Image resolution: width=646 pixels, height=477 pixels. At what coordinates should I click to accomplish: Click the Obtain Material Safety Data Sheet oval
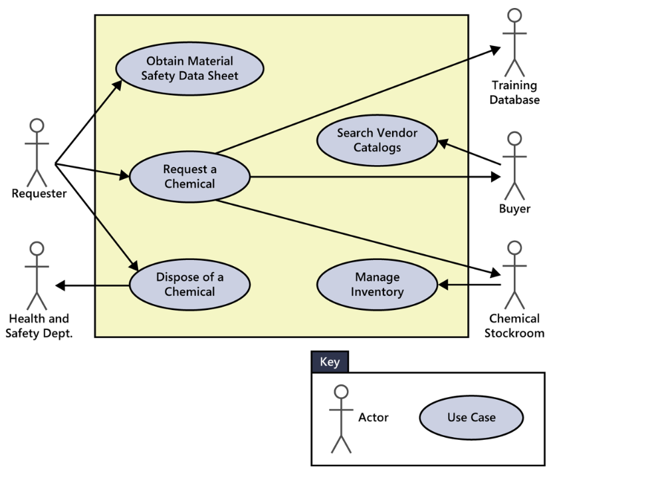tap(189, 69)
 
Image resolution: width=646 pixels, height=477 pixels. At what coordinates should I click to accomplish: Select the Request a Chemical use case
tap(189, 177)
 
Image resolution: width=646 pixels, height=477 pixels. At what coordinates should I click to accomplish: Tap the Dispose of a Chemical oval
tap(189, 284)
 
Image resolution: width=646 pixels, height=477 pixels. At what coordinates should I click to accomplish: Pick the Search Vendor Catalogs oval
tap(377, 140)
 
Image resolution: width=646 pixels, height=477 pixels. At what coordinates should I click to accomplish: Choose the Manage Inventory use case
tap(377, 284)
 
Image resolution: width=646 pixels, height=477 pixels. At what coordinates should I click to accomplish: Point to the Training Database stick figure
tap(514, 43)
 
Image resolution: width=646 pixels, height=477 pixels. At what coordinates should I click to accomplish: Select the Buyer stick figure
tap(514, 166)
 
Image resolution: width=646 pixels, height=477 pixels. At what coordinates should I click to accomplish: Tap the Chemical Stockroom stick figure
tap(514, 275)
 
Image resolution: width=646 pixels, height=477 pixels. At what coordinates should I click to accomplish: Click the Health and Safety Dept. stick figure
tap(37, 275)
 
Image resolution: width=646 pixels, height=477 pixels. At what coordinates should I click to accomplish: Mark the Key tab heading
tap(330, 362)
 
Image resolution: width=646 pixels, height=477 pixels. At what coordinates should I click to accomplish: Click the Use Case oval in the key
tap(471, 418)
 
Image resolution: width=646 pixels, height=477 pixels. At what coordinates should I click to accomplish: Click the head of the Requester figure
tap(37, 126)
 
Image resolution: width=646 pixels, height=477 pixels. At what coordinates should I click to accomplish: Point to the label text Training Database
tap(514, 92)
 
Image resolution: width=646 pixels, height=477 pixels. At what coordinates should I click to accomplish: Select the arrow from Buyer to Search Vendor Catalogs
tap(469, 152)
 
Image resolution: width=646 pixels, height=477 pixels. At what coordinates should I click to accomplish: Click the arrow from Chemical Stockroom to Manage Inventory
tap(469, 285)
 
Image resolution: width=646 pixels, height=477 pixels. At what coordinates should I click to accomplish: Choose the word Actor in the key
tap(374, 418)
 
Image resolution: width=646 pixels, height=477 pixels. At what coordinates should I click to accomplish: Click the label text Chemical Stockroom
tap(514, 326)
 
